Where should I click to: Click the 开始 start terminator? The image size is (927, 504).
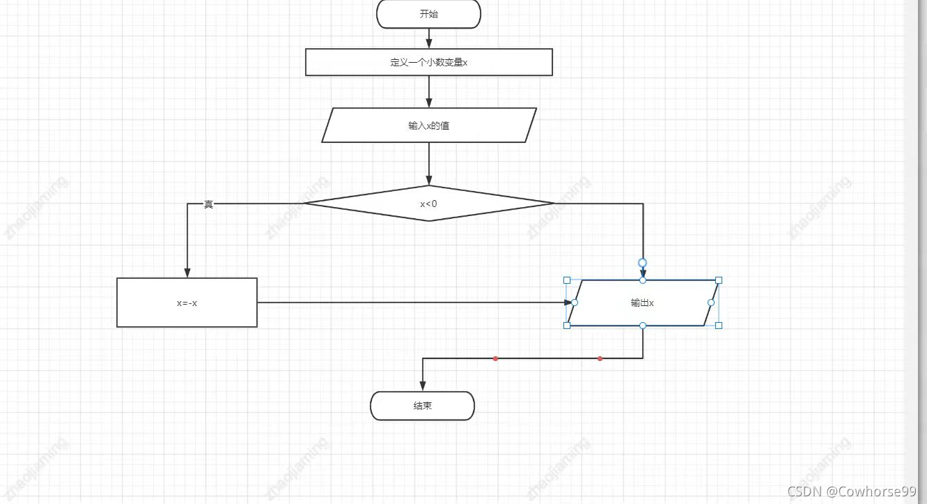coord(428,14)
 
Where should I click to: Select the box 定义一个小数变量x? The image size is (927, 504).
coord(428,62)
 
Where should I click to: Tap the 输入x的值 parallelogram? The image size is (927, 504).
coord(428,125)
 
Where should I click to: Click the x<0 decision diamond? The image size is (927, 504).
coord(428,204)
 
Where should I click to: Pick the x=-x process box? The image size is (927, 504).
coord(187,303)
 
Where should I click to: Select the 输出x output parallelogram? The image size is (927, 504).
coord(642,303)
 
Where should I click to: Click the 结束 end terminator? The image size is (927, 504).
coord(422,406)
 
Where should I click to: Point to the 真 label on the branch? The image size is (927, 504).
coord(208,204)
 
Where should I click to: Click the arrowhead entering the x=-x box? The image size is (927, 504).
coord(187,273)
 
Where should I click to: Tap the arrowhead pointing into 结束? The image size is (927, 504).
coord(423,386)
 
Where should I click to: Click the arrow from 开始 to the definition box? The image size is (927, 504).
coord(429,38)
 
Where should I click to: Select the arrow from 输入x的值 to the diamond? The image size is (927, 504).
coord(429,163)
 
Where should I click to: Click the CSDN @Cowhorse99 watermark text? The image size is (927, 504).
coord(852,491)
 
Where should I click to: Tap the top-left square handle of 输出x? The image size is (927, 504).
coord(567,280)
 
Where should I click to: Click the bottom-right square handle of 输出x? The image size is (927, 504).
coord(719,326)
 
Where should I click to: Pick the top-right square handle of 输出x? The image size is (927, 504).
coord(719,280)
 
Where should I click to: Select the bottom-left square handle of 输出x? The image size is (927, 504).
coord(567,326)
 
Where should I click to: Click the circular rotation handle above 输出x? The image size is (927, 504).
coord(643,263)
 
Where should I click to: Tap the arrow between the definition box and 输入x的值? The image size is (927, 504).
coord(429,91)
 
